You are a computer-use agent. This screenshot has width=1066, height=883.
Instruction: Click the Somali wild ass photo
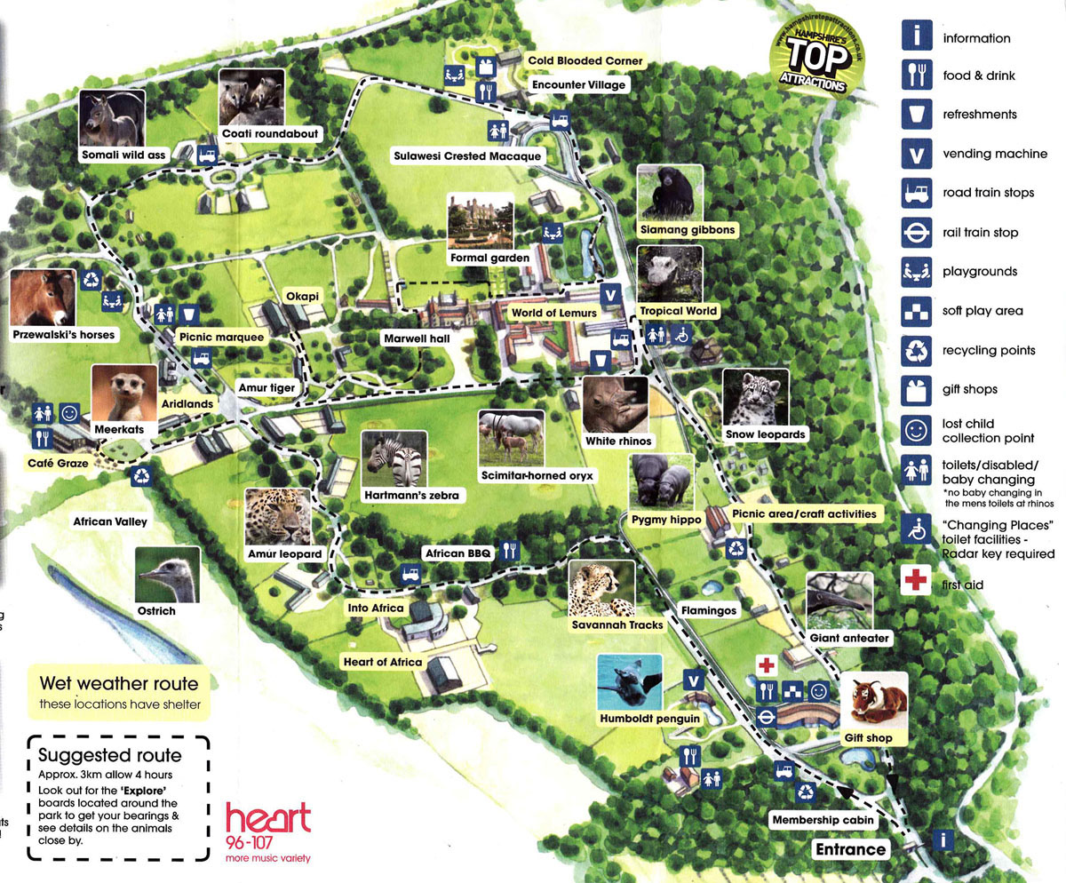tap(112, 118)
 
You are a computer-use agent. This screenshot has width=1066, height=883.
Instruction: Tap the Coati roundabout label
tap(271, 133)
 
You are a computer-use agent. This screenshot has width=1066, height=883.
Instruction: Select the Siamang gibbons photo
tap(670, 192)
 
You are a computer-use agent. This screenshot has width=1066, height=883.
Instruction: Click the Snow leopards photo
tap(755, 397)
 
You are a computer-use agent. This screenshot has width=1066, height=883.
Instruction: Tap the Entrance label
tap(851, 848)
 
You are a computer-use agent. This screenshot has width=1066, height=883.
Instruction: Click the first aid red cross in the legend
tap(914, 582)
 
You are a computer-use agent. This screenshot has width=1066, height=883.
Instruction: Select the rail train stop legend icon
tap(915, 232)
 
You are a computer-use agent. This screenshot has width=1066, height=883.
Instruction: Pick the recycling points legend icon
tap(915, 350)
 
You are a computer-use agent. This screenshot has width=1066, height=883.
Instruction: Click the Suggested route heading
tap(110, 755)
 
